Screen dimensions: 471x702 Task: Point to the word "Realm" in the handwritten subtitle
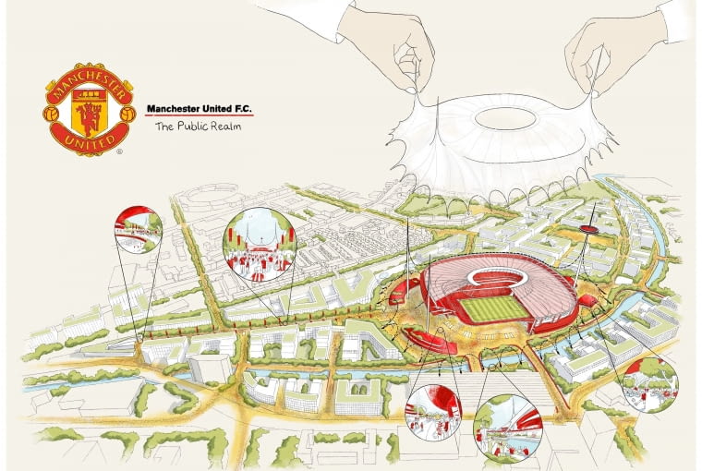(224, 127)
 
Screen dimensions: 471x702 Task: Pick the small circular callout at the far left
(139, 229)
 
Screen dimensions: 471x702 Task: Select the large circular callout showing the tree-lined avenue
(261, 244)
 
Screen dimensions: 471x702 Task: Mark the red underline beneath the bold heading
(200, 116)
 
